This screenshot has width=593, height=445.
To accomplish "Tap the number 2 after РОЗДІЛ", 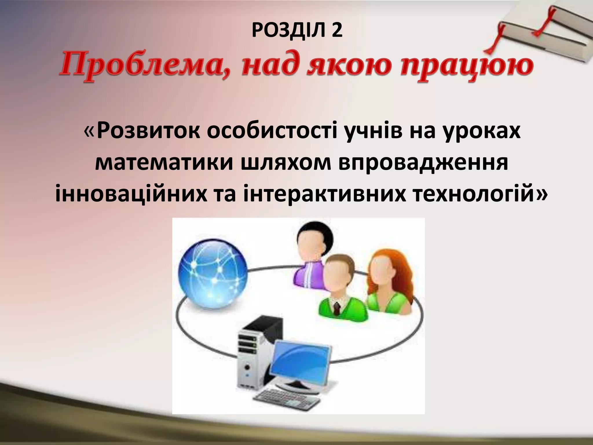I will click(x=337, y=31).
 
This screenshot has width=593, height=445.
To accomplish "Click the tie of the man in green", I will click(x=337, y=308).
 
